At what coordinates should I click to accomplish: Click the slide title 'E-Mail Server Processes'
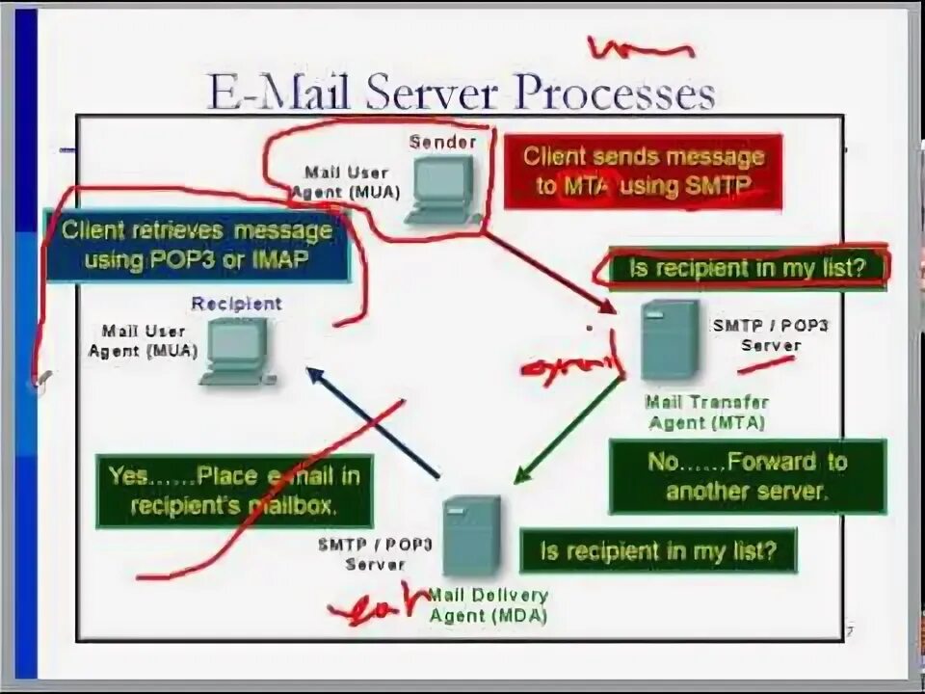461,93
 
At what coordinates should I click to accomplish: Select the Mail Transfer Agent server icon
669,340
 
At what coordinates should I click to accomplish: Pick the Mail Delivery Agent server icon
471,535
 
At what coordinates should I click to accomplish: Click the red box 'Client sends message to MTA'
643,171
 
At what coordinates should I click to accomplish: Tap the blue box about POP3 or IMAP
197,245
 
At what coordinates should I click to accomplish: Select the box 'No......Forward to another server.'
747,475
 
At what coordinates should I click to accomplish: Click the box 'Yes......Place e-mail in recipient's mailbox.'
234,491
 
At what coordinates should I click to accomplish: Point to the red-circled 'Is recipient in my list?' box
747,268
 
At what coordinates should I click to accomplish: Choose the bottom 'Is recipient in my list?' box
658,550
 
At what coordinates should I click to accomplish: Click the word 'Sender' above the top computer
442,142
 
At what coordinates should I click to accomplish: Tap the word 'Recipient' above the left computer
236,304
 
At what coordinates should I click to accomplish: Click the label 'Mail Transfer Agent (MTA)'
707,413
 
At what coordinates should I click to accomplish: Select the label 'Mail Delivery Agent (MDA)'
488,605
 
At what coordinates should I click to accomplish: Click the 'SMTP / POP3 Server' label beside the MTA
770,334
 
